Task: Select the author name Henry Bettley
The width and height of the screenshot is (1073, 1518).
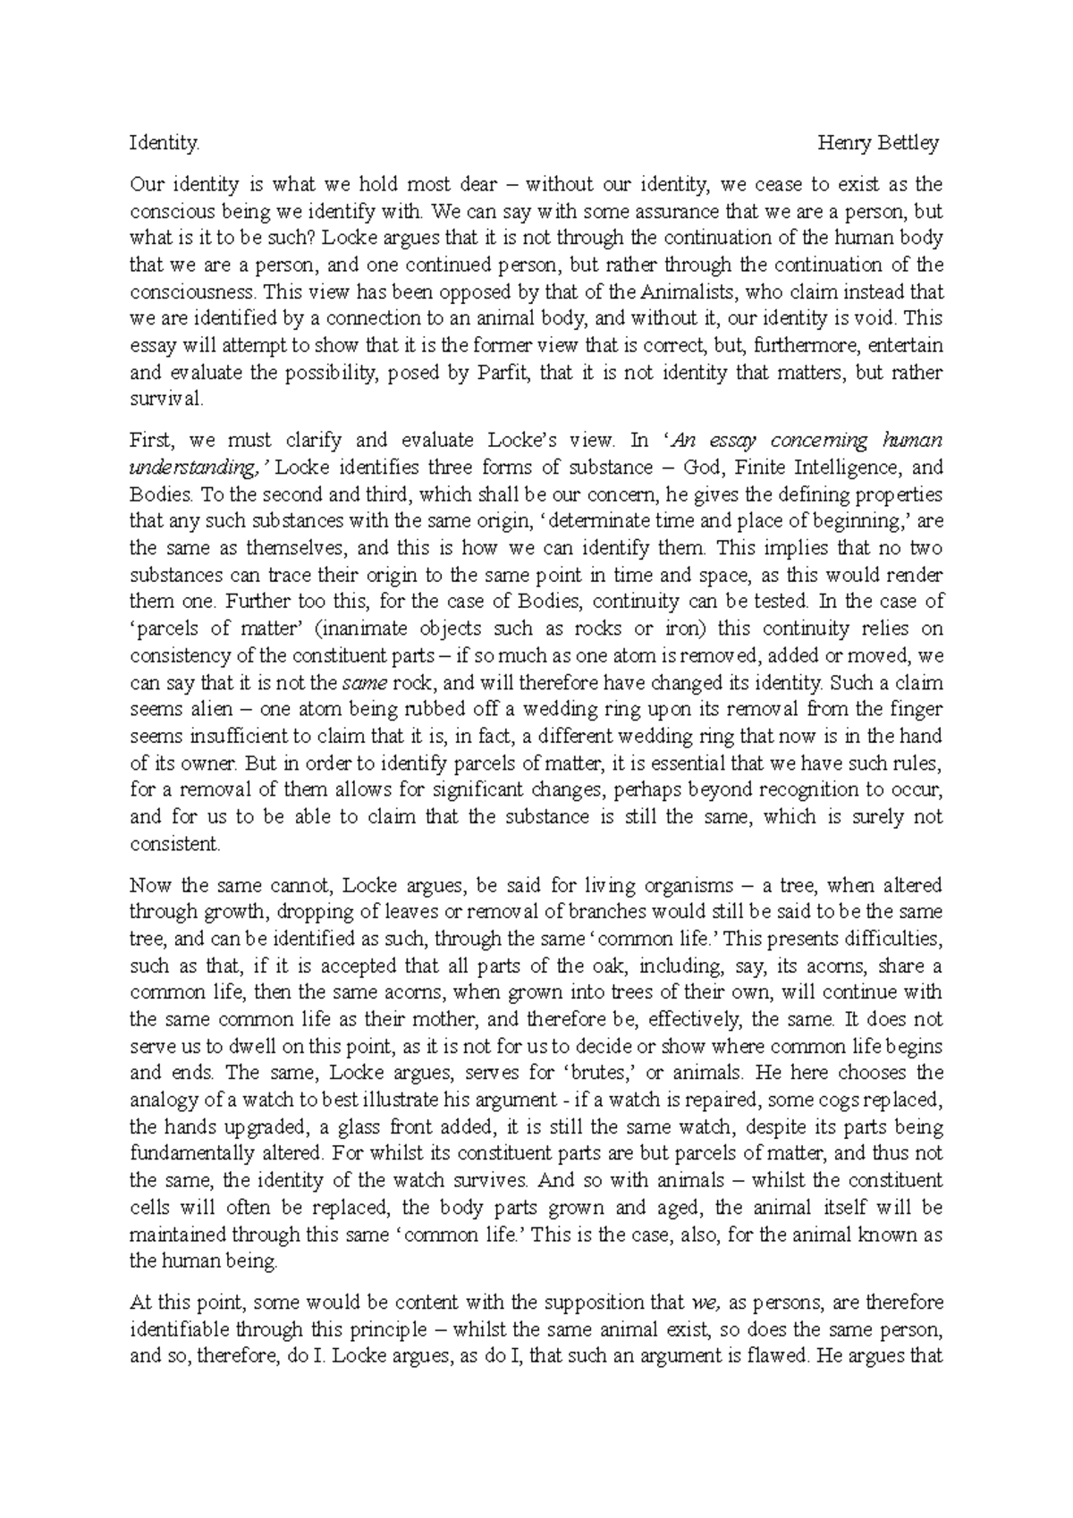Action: click(x=879, y=143)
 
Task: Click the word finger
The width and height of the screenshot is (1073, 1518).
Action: click(x=917, y=709)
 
